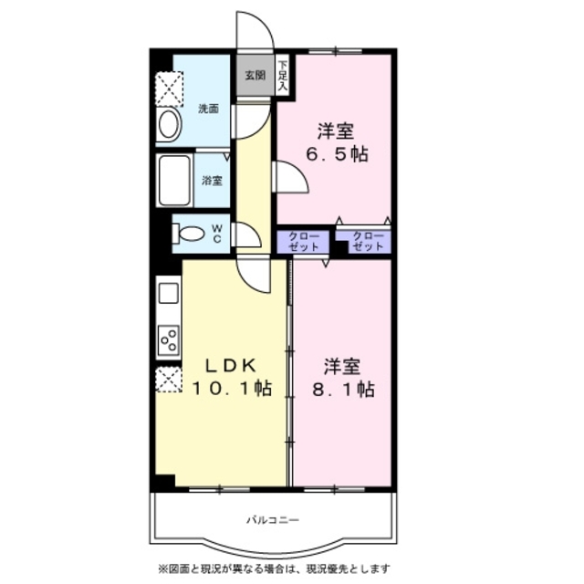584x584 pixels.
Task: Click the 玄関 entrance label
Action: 255,75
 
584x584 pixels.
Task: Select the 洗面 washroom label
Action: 208,109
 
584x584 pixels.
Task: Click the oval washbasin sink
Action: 168,124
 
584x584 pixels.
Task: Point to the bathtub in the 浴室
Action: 174,180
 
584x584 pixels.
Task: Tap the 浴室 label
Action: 212,181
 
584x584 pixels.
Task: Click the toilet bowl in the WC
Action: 189,234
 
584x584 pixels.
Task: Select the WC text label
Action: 217,234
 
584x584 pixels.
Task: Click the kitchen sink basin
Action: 169,293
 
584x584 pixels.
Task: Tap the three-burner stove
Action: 169,340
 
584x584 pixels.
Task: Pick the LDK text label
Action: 231,365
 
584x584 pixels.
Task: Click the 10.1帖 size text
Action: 231,389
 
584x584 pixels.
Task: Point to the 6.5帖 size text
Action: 337,154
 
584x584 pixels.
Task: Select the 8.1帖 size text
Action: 343,390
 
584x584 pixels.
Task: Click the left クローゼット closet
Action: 303,242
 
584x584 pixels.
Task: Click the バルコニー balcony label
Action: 273,519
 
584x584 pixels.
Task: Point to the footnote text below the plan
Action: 274,568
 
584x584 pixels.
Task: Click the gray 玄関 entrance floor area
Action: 255,75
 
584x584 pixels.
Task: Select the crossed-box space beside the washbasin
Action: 169,89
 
